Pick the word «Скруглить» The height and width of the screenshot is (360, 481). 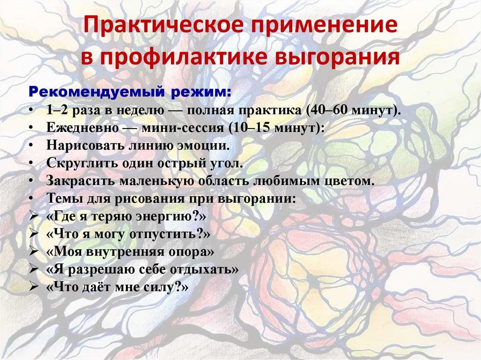[78, 163]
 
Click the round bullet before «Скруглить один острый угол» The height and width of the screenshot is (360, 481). [30, 163]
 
